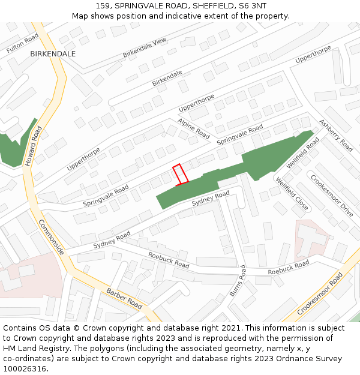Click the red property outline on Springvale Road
(181, 174)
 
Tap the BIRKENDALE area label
(53, 54)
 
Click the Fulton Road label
(22, 43)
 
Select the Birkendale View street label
(145, 48)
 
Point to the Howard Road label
(34, 146)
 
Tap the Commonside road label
(51, 237)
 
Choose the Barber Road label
(124, 299)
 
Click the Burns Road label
(238, 281)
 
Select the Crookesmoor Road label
(320, 293)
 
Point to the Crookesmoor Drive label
(331, 195)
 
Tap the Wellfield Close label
(292, 193)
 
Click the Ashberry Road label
(335, 135)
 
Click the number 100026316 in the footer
(26, 368)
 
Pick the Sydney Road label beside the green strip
(211, 199)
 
